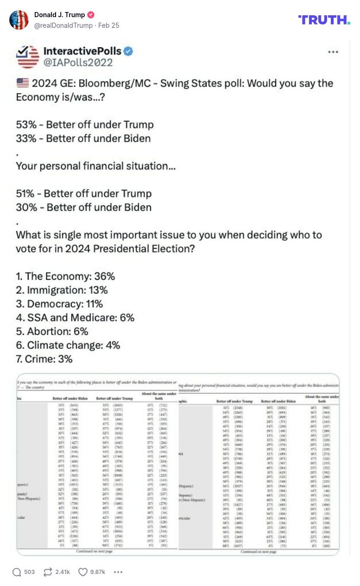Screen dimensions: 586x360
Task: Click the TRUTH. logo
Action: coord(324,19)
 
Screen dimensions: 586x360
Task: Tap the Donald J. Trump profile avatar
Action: coord(19,20)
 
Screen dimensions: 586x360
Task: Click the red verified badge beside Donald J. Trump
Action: coord(91,15)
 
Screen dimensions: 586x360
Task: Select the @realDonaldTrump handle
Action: coord(63,25)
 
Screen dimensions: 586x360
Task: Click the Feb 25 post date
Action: coord(108,25)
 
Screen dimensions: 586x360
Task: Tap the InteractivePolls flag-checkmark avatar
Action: coord(27,57)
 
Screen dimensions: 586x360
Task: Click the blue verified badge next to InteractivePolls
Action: coord(128,51)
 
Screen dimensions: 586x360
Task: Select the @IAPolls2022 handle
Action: coord(78,63)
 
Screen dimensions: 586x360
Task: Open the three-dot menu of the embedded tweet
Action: coord(333,52)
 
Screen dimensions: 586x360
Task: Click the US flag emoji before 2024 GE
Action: coord(22,83)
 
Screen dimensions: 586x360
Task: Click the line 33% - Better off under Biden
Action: coord(83,139)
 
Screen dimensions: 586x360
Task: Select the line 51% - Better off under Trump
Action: coord(83,194)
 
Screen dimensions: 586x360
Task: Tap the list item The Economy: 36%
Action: coord(65,277)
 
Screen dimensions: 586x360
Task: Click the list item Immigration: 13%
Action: coord(62,290)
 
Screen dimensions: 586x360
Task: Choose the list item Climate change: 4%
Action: coord(68,345)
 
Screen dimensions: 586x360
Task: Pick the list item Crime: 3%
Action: coord(44,359)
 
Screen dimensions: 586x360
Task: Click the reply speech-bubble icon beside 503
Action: coord(17,572)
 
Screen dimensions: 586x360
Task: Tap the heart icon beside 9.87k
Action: coord(83,572)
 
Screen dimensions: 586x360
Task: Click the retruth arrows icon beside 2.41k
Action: coord(48,572)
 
